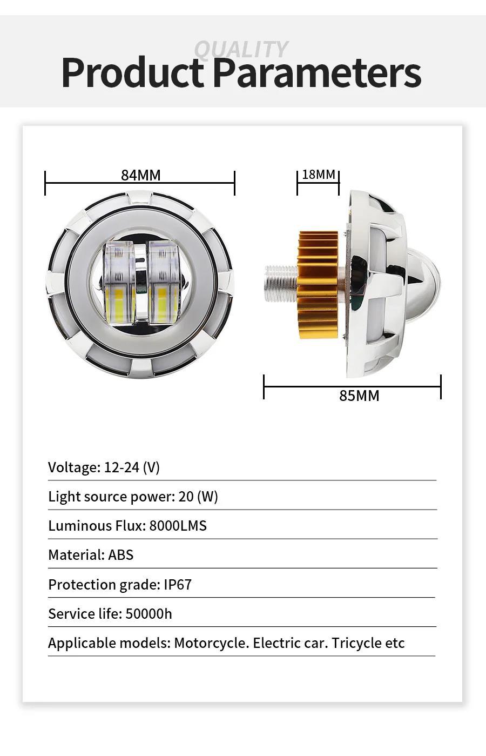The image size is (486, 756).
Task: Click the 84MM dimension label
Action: coord(140,175)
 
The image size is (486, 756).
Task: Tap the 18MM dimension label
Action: coord(318,175)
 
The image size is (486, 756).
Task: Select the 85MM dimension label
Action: coord(359,396)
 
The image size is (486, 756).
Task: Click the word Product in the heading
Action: coord(132,72)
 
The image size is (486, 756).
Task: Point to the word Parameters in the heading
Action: coord(316,72)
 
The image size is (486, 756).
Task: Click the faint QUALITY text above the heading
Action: coord(241,49)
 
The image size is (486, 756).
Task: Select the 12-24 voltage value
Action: coord(122,467)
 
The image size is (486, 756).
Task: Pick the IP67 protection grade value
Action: coord(178,585)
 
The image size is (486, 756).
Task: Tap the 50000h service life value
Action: coord(148,614)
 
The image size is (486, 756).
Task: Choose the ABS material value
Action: coord(120,555)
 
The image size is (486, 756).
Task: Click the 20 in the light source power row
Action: coord(186,497)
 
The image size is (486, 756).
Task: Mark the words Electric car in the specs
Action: coord(290,643)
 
